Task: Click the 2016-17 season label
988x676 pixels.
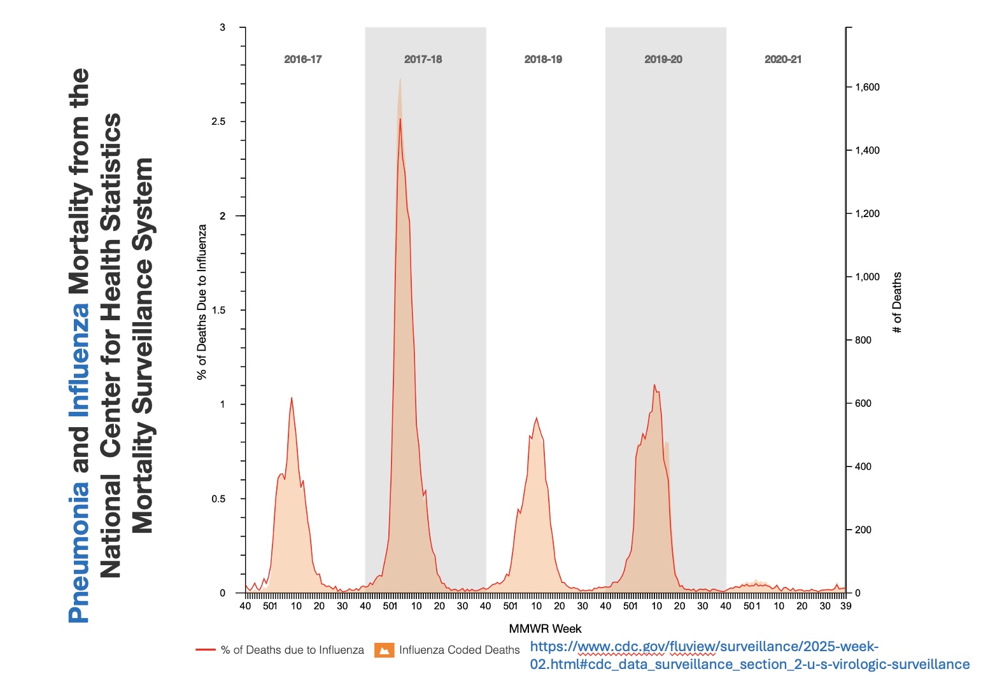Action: [302, 59]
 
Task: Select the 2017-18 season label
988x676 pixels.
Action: [423, 59]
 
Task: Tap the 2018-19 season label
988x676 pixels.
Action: [543, 59]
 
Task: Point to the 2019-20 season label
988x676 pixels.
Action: [663, 59]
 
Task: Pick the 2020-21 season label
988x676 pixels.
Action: [783, 59]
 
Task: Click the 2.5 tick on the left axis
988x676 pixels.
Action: [218, 122]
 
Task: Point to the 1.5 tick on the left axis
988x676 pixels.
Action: [218, 310]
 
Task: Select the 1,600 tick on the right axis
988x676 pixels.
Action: [867, 87]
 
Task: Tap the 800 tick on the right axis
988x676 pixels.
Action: [863, 340]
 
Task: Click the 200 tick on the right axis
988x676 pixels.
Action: [863, 530]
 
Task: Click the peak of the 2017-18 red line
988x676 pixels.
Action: [400, 119]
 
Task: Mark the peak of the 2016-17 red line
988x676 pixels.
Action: [292, 398]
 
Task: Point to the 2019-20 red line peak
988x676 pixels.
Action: [654, 384]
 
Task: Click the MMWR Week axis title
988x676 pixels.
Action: [545, 629]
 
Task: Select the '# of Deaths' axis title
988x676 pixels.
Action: [898, 303]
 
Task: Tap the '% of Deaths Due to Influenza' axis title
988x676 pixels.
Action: [202, 302]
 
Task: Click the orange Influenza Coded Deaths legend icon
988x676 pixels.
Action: [384, 650]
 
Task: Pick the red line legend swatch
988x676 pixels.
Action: [205, 650]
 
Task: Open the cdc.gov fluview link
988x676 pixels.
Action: [749, 656]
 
